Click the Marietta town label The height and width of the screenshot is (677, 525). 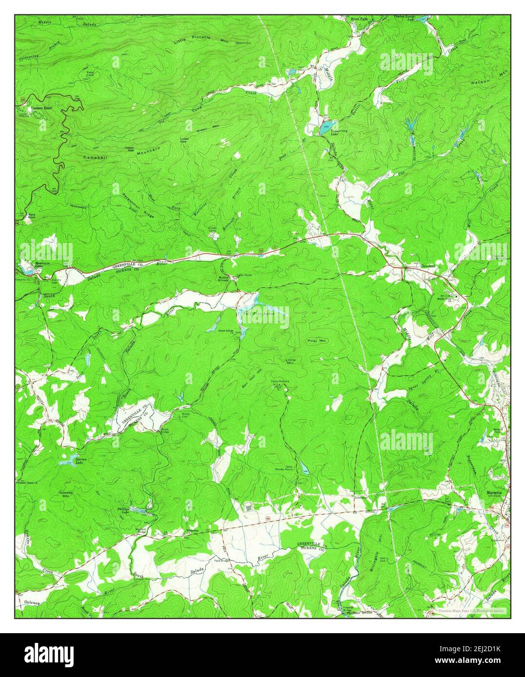pos(494,493)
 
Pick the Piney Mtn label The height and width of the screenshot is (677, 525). pos(317,341)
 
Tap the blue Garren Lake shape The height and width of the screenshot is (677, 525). pos(66,461)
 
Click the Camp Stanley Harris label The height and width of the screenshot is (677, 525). pos(289,468)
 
